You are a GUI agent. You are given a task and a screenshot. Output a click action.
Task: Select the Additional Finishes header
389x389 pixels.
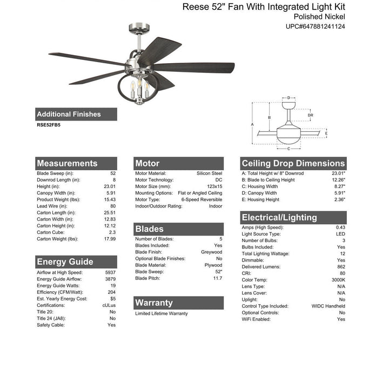[69, 115]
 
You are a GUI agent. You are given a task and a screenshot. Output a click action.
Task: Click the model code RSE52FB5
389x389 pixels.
[49, 125]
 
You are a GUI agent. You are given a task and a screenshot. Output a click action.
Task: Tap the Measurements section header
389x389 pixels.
[67, 163]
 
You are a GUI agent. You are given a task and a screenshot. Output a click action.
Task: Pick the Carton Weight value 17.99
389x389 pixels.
[109, 239]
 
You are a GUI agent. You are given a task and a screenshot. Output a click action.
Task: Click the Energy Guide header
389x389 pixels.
[65, 262]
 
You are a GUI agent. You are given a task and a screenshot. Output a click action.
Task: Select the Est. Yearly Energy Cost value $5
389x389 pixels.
[112, 299]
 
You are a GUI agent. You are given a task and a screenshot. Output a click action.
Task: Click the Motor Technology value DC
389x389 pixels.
[218, 180]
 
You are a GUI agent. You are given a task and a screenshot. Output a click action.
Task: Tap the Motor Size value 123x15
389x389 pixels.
[213, 186]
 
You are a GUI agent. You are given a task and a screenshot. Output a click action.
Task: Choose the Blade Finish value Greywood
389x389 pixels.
[212, 252]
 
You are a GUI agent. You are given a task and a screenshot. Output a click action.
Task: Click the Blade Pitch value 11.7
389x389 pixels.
[217, 278]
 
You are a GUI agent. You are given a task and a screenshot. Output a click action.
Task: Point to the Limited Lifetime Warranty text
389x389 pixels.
[162, 313]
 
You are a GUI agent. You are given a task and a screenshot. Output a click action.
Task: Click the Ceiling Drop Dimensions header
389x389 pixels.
[293, 163]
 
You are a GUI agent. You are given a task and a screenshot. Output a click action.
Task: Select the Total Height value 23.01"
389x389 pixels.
[337, 173]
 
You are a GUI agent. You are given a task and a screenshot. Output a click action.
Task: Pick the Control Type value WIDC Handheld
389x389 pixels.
[328, 306]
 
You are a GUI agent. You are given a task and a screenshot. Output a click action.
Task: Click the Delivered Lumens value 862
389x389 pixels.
[340, 267]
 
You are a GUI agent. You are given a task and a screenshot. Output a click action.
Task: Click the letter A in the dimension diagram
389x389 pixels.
[252, 124]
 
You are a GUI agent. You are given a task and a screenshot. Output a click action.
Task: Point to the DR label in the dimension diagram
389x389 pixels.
[310, 115]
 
